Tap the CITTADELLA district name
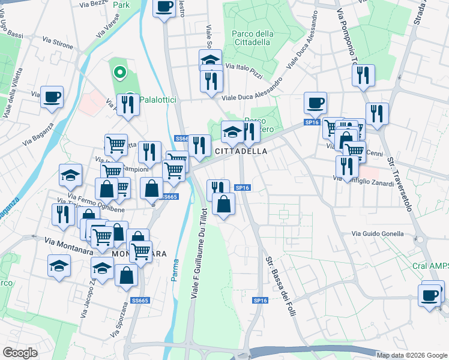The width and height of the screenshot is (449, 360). click(x=241, y=152)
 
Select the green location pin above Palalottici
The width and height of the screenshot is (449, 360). click(x=119, y=73)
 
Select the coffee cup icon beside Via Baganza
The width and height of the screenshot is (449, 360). click(x=52, y=97)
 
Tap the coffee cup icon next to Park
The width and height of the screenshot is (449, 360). click(x=165, y=8)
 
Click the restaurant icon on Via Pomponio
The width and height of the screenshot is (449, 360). click(x=363, y=76)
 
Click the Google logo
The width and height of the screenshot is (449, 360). click(x=20, y=353)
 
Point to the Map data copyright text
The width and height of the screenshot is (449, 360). click(x=411, y=355)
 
